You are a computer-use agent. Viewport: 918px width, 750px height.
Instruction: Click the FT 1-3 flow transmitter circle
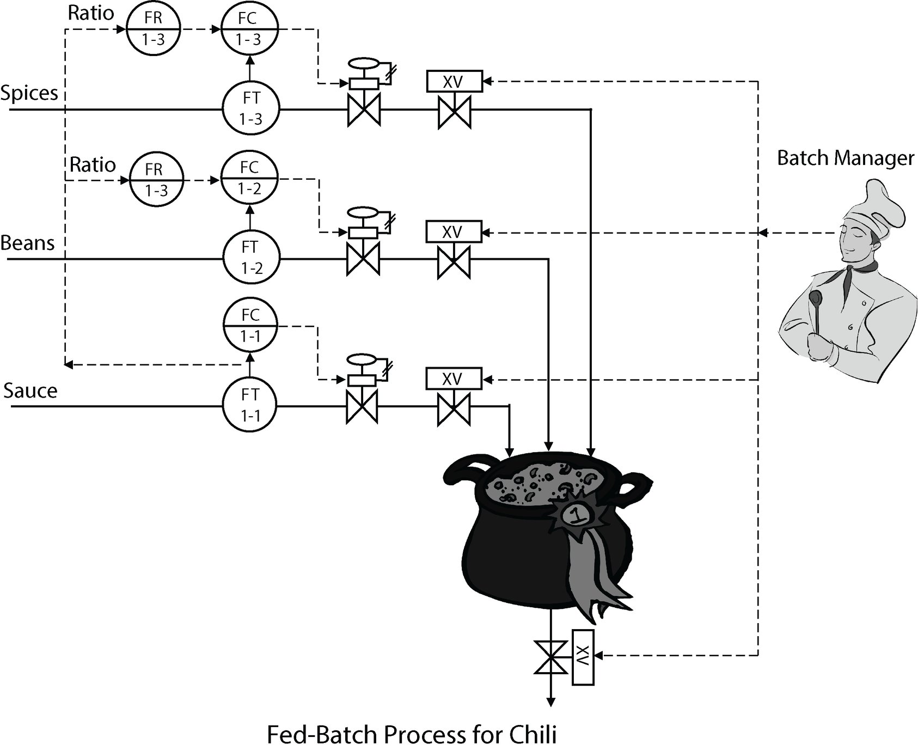click(250, 108)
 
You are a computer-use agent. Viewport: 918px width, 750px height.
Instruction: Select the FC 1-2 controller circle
click(249, 178)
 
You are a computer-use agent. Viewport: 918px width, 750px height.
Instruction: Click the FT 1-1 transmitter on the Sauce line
click(250, 405)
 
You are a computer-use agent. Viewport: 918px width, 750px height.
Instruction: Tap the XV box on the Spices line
click(454, 82)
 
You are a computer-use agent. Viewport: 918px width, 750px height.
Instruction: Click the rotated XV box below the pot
click(583, 656)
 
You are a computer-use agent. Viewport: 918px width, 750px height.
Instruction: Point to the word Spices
click(29, 93)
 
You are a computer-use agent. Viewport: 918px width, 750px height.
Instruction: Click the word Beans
click(27, 243)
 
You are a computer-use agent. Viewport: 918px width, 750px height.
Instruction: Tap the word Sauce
click(30, 391)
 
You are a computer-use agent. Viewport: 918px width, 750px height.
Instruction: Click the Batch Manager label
click(845, 158)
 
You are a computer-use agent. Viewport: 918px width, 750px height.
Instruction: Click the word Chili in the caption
click(533, 735)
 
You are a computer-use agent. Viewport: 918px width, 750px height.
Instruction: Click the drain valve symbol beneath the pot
click(551, 656)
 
